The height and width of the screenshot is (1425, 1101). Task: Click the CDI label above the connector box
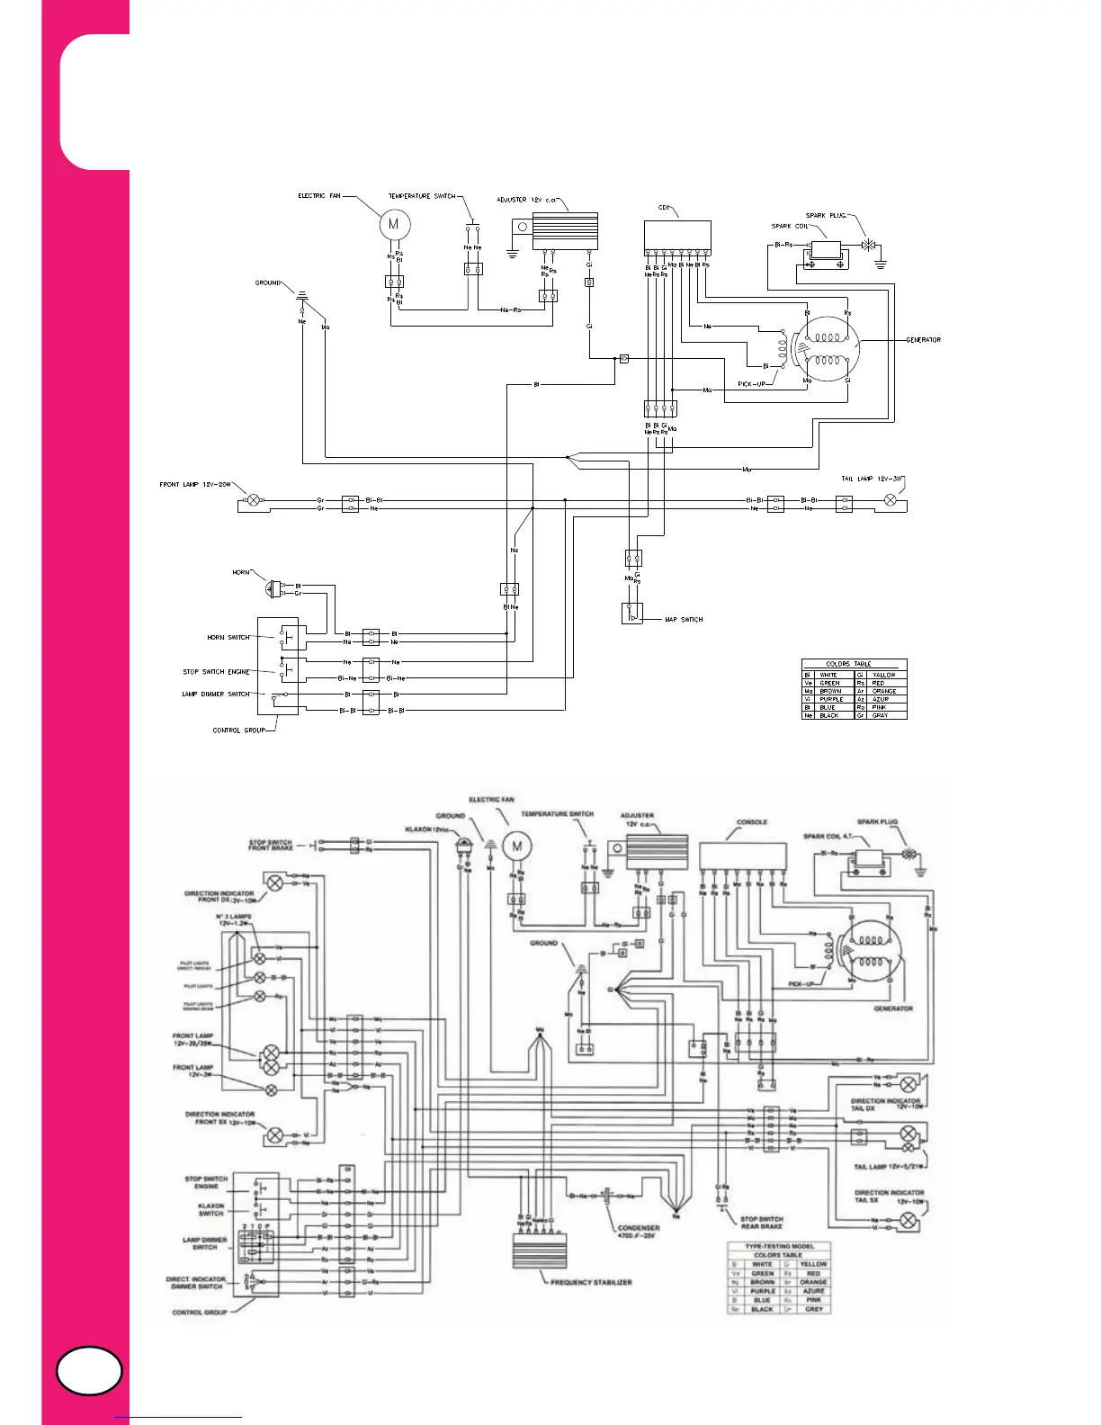(664, 207)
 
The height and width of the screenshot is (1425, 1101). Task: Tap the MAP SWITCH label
(684, 620)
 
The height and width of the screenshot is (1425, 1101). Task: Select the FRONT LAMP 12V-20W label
(195, 485)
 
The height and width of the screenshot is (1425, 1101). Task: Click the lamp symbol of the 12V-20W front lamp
(254, 499)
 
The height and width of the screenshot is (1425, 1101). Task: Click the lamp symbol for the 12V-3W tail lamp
(891, 500)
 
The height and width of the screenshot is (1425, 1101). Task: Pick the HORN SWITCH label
(228, 637)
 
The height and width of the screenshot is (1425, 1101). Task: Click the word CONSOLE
(752, 821)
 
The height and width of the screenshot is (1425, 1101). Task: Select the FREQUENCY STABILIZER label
(591, 1282)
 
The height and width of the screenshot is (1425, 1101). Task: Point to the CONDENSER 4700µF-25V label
(639, 1232)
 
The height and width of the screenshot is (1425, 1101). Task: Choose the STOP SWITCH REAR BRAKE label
(762, 1223)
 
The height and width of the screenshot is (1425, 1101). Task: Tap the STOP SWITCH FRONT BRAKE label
(271, 846)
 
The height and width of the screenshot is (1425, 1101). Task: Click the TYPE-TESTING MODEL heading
(779, 1246)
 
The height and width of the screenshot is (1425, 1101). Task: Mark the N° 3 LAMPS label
(235, 919)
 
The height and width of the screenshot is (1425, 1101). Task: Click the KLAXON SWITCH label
(210, 1209)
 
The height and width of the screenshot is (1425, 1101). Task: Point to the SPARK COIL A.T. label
(828, 837)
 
